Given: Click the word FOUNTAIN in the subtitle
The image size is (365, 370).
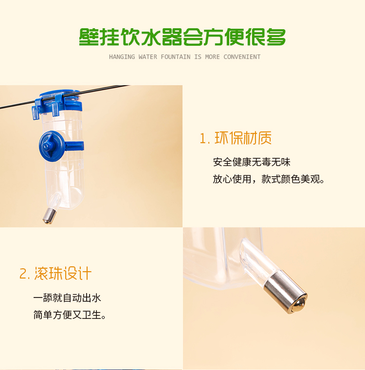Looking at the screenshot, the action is coord(176,57).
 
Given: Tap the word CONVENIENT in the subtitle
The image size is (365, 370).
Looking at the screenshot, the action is coord(242,57).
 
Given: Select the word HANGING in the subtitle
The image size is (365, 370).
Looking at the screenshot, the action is coord(122,57).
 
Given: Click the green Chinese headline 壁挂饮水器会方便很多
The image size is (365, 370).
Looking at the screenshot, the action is coord(182,37).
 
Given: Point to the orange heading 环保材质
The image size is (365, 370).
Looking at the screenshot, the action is coord(243,138).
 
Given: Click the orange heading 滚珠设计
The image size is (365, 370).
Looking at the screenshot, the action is coord(63,274).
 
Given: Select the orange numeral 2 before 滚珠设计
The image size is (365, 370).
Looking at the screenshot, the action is coord(24,274).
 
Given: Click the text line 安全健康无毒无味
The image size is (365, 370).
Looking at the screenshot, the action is coord(252,162).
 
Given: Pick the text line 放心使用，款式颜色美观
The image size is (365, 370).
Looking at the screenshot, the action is coord(269,179).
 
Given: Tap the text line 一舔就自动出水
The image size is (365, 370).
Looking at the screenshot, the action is coord(67,298).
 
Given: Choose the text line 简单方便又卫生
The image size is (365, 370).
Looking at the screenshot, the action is coord(70,315).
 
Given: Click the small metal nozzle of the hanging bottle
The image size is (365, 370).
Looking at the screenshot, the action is coord(50,216).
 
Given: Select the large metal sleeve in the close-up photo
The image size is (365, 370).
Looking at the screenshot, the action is coord(286,292).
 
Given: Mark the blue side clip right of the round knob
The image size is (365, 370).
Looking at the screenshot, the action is coord(74,146).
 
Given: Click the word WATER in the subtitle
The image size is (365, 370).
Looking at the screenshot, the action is coord(147,57).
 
